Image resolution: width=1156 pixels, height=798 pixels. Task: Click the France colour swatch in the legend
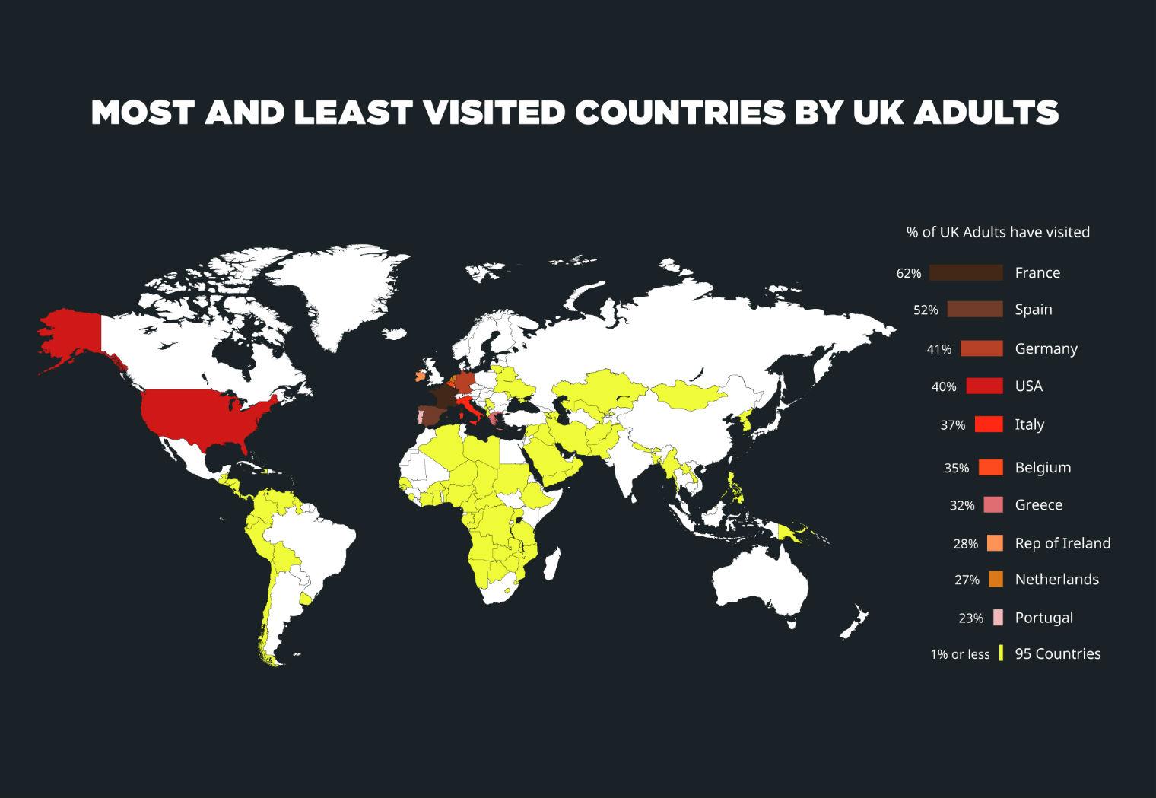point(966,272)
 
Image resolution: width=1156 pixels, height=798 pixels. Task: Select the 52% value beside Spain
point(926,310)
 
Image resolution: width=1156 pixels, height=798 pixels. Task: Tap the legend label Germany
point(1046,348)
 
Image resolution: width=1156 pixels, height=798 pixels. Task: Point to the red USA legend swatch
point(984,386)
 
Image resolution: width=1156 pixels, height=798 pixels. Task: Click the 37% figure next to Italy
point(952,425)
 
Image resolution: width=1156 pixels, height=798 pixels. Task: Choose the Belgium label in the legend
point(1042,468)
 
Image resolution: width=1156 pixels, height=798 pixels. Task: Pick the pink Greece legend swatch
point(992,504)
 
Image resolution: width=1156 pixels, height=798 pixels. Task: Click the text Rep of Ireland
point(1062,543)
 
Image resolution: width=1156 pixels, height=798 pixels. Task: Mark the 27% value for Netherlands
point(967,580)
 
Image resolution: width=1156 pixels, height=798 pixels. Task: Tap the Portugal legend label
point(1043,618)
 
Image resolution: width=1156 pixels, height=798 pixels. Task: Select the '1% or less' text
point(960,654)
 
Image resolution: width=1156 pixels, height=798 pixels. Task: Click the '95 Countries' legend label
point(1057,653)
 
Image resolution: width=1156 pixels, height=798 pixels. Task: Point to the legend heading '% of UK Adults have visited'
point(998,232)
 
